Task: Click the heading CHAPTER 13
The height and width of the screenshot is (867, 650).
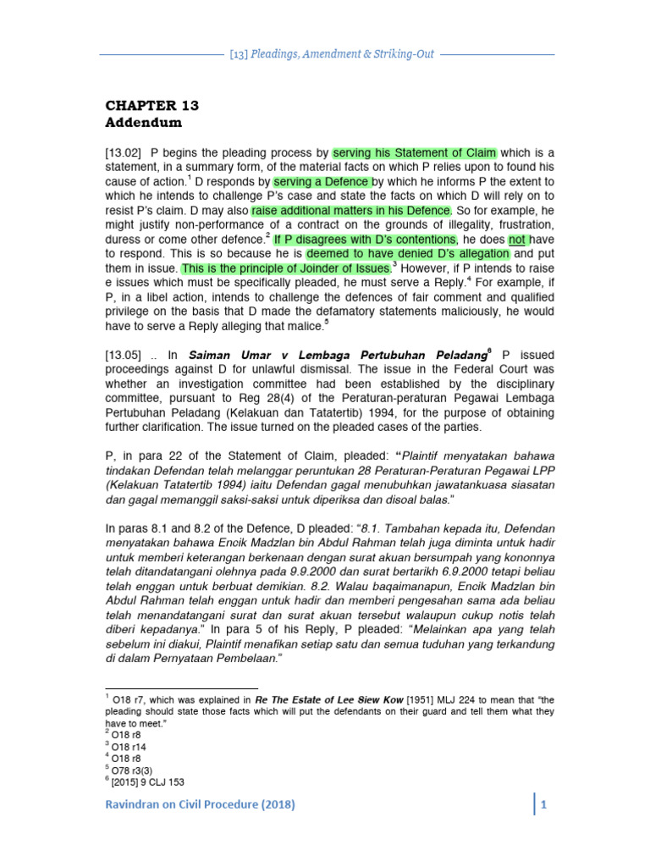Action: (151, 106)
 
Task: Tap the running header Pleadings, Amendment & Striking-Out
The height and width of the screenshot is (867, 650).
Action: (331, 53)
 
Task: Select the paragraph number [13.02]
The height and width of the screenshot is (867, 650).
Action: (127, 153)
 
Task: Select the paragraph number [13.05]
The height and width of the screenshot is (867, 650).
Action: (127, 356)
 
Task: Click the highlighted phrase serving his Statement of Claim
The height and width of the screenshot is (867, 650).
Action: (415, 153)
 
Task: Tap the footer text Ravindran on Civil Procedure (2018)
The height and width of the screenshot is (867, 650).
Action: (200, 805)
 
